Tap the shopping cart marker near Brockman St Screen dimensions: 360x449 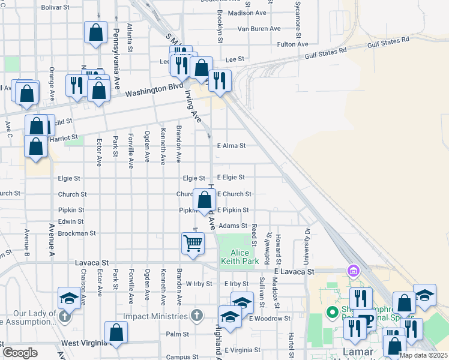193,244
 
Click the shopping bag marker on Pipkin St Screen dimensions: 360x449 205,200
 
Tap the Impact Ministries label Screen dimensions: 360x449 156,316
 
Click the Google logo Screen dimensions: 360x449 20,353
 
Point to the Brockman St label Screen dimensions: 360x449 77,233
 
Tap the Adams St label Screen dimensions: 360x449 233,226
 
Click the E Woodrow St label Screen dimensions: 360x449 270,318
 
